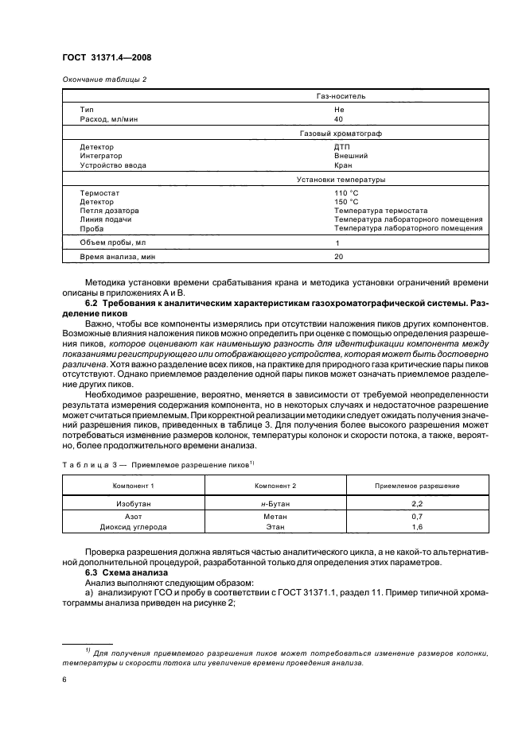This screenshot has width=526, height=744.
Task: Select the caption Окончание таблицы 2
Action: coord(104,79)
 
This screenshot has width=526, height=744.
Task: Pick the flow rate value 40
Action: coord(339,118)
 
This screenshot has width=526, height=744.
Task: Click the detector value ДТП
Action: coord(343,147)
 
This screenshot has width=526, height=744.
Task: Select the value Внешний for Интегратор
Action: coord(351,157)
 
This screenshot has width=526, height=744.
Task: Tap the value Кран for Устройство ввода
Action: coord(343,166)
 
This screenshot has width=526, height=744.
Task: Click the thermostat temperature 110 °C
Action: coord(347,193)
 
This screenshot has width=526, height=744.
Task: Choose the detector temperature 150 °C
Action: coord(347,202)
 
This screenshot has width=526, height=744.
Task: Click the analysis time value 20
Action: coord(338,258)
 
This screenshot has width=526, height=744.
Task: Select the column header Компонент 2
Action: coord(275,486)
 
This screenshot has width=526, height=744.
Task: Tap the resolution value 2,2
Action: coord(417,503)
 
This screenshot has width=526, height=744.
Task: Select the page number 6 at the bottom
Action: coord(64,680)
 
